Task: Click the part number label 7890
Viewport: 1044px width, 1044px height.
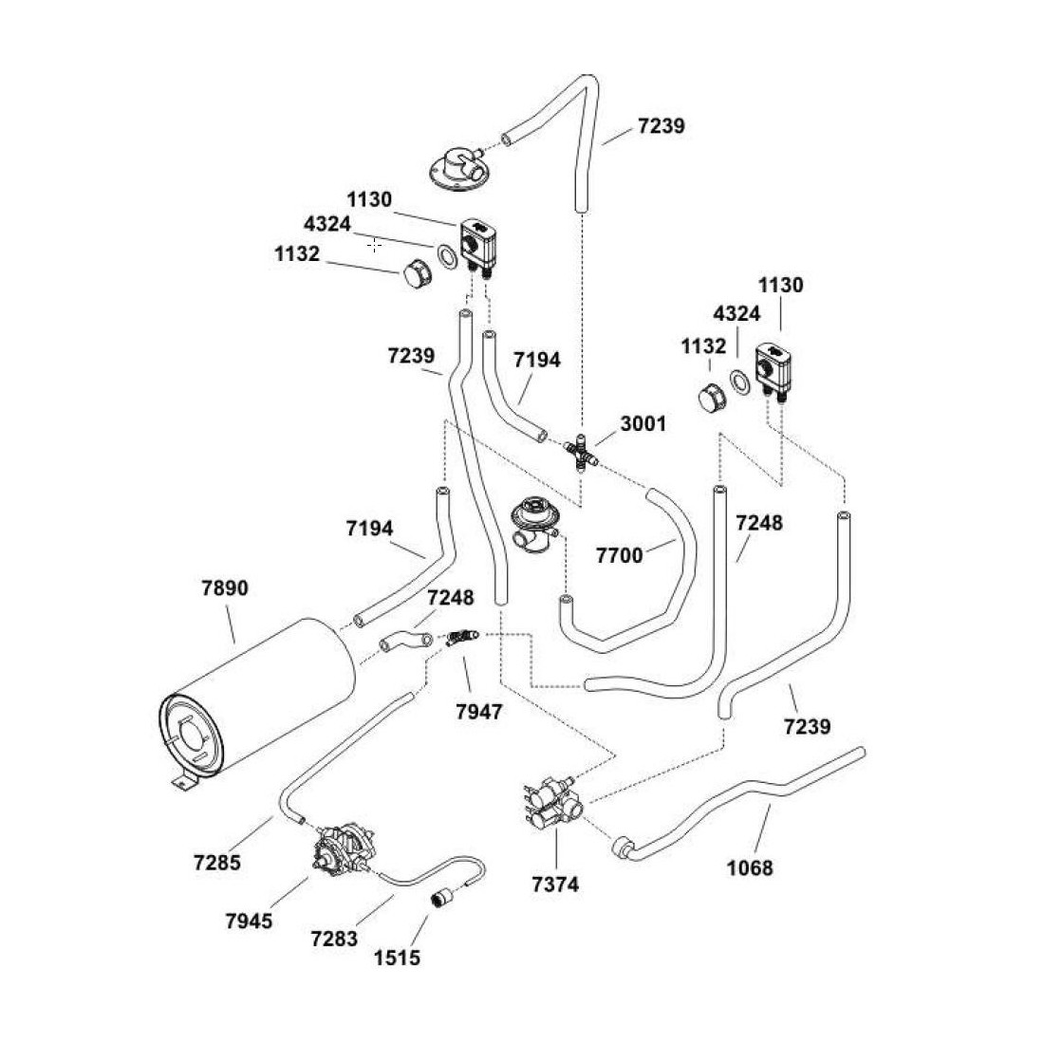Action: coord(225,588)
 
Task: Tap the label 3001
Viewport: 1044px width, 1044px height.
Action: coord(643,423)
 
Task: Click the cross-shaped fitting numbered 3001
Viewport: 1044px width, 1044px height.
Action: coord(578,454)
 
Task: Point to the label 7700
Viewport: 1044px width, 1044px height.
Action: coord(619,555)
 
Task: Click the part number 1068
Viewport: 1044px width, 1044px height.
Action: coord(750,867)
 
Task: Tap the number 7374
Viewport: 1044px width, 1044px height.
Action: coord(555,885)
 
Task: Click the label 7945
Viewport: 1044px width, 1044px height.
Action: coord(250,921)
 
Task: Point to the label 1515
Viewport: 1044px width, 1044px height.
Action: coord(397,958)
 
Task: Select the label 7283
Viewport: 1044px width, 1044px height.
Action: coord(334,939)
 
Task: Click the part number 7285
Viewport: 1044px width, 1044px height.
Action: coord(216,863)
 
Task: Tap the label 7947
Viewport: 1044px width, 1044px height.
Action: coord(478,710)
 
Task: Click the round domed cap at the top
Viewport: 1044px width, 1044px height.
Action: coord(453,171)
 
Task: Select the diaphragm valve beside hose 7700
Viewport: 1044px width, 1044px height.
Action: coord(531,525)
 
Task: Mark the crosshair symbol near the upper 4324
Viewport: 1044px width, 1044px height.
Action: coord(375,245)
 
